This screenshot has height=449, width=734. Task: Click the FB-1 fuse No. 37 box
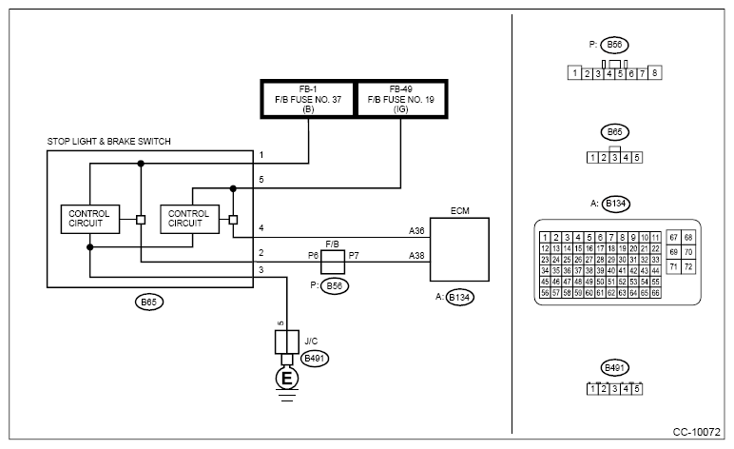click(308, 99)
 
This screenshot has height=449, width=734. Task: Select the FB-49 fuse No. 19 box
click(401, 99)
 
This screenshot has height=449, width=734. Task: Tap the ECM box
click(459, 249)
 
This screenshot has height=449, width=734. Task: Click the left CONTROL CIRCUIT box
click(90, 219)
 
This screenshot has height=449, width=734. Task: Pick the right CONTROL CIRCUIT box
click(189, 219)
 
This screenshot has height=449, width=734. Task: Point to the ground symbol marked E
click(286, 378)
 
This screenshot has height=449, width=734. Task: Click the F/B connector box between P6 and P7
click(333, 262)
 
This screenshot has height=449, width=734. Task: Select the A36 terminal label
click(416, 231)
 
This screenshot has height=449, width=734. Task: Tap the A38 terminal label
click(416, 256)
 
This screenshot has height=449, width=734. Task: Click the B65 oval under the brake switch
click(149, 302)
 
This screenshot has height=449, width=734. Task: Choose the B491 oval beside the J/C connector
click(315, 359)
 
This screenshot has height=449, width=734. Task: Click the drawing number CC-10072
click(697, 432)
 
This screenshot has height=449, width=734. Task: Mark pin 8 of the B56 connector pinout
click(655, 72)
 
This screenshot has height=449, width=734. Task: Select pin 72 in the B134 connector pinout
click(688, 267)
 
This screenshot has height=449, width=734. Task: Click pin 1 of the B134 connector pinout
click(545, 238)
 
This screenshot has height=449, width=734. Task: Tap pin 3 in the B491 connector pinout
click(614, 389)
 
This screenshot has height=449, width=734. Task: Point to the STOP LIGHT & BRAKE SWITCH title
click(109, 142)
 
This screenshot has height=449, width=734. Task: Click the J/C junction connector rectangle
click(286, 342)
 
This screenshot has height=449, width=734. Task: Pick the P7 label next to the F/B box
click(354, 256)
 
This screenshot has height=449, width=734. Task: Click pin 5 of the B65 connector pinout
click(637, 158)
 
